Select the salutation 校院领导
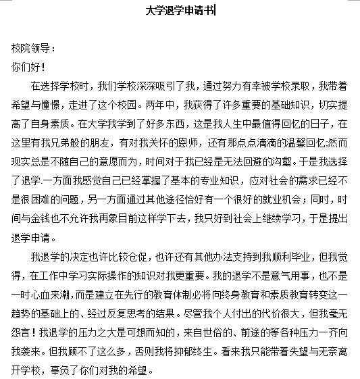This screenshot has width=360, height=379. [28, 49]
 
